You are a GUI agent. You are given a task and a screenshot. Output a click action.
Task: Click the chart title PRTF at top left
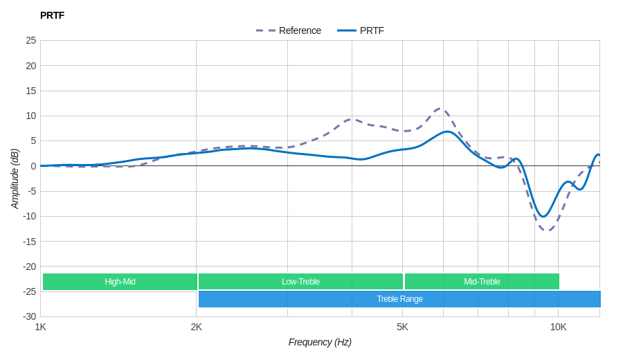52,15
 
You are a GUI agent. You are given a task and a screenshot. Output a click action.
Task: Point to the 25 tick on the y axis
31,40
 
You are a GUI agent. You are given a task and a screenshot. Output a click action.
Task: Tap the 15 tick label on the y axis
31,91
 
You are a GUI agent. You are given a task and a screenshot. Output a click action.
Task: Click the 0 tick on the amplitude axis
33,166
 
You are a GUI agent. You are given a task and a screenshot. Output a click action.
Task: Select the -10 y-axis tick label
29,216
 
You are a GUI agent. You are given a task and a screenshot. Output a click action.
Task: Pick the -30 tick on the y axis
29,316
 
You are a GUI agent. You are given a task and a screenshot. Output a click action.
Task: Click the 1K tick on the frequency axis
41,327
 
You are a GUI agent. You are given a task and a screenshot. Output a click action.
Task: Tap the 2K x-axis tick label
197,327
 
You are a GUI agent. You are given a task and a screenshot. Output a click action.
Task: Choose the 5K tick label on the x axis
402,327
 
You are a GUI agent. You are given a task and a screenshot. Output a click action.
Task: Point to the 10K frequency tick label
558,327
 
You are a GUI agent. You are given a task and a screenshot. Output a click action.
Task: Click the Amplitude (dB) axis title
15,179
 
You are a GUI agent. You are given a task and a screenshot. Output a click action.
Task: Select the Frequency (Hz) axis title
320,342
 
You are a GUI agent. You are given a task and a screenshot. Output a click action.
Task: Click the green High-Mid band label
120,282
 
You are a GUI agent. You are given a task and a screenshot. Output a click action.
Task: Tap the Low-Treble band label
300,282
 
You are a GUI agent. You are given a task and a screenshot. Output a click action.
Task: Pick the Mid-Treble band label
482,282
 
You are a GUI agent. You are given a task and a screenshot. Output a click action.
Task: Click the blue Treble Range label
399,299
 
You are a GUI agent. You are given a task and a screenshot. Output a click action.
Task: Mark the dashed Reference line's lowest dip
547,230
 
